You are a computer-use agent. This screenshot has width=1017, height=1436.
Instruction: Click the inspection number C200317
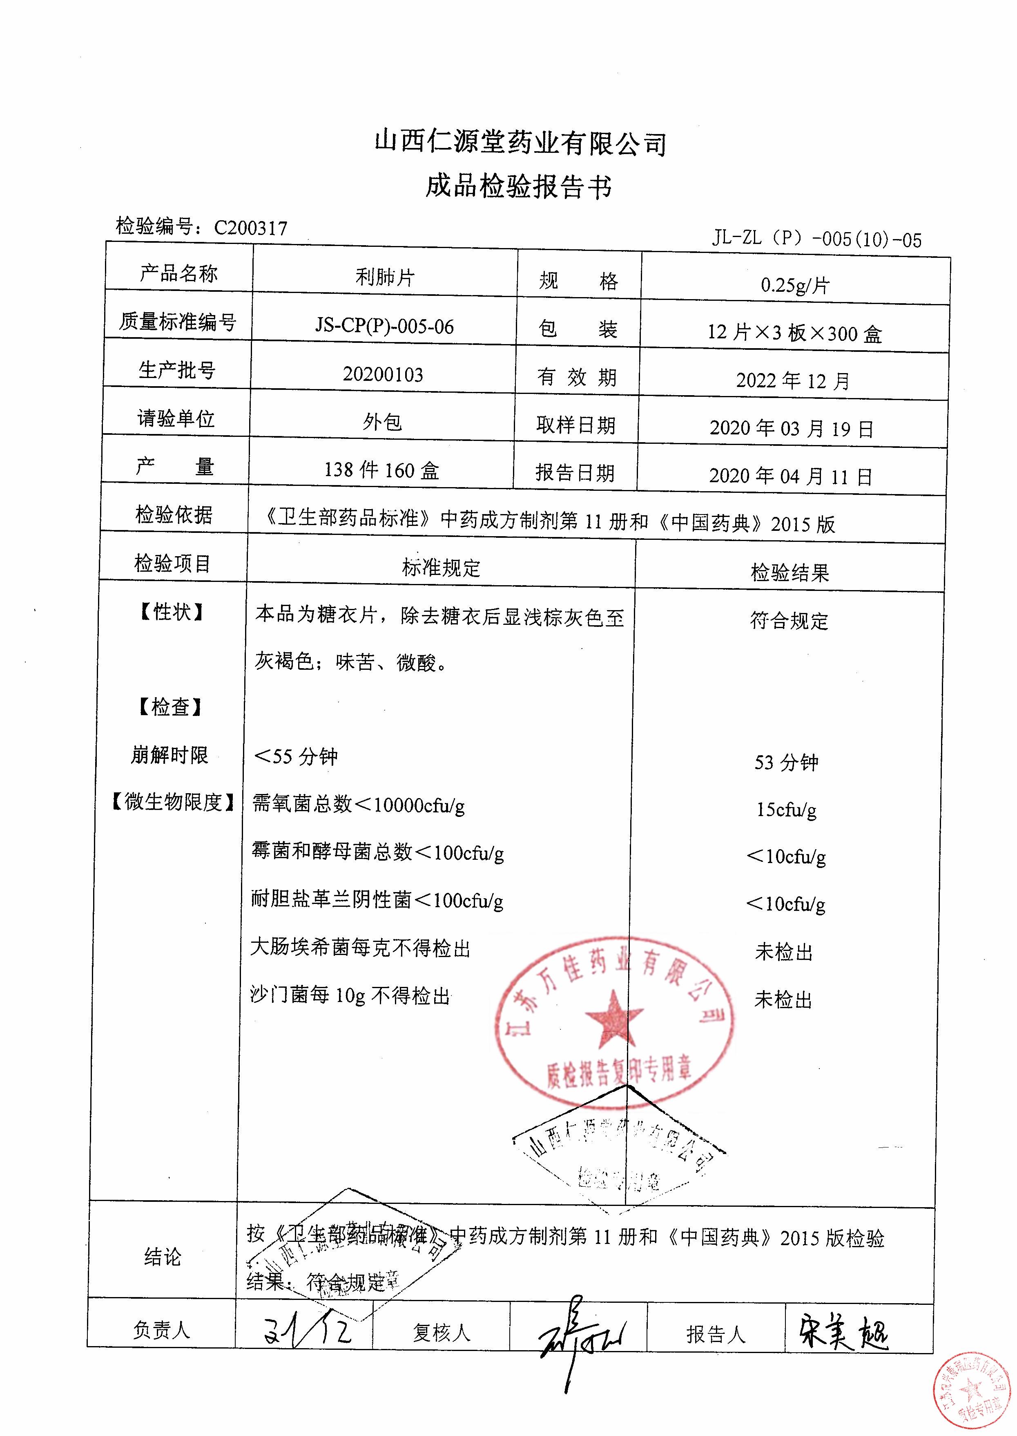250,228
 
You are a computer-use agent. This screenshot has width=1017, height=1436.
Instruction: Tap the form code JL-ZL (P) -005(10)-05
816,239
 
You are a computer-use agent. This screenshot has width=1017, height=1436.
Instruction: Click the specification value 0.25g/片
795,285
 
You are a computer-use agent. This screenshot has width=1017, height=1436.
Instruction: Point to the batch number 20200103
383,374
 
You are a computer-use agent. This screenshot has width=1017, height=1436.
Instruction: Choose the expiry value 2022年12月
792,380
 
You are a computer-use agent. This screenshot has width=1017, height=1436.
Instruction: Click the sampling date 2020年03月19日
791,429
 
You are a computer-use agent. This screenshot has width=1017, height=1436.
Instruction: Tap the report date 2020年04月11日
790,476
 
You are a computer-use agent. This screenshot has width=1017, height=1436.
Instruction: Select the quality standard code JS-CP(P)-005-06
384,326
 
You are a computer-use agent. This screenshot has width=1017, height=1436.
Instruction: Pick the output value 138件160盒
381,470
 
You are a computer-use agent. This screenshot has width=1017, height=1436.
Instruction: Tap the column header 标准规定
441,568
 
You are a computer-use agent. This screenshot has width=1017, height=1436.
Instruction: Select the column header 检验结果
789,572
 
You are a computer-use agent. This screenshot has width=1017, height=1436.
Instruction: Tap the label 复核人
441,1333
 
